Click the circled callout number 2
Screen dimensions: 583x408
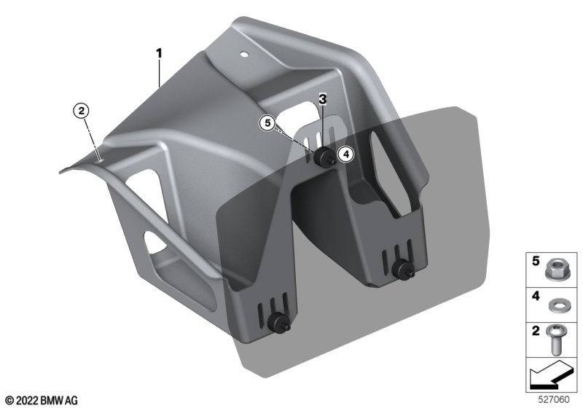pyautogui.click(x=82, y=111)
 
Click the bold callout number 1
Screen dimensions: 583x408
pyautogui.click(x=159, y=53)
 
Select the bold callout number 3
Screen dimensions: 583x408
pyautogui.click(x=322, y=99)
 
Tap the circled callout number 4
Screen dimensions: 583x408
pyautogui.click(x=346, y=154)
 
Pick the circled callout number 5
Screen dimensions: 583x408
pyautogui.click(x=268, y=122)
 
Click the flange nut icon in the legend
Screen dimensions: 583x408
pyautogui.click(x=556, y=270)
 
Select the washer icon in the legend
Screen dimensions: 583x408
pyautogui.click(x=556, y=306)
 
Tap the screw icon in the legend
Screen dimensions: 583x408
pyautogui.click(x=555, y=340)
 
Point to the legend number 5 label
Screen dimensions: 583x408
pyautogui.click(x=536, y=262)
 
